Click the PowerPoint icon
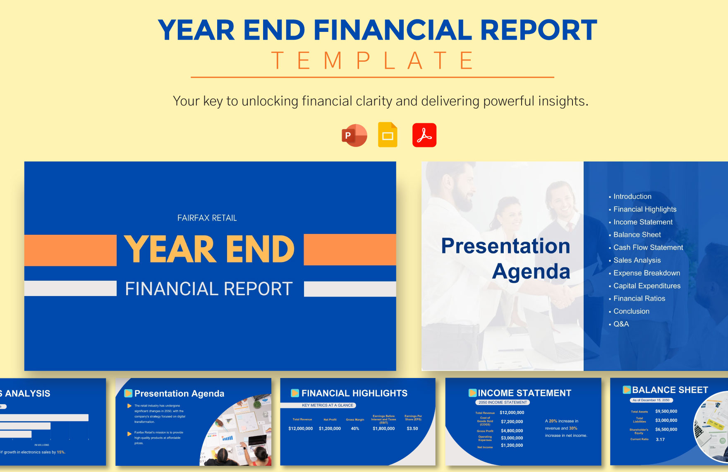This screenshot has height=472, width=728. (354, 135)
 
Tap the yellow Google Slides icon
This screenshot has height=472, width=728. (388, 135)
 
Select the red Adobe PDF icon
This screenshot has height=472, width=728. (424, 135)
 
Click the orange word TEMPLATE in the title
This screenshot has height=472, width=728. (372, 61)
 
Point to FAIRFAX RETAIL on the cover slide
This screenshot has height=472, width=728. (207, 218)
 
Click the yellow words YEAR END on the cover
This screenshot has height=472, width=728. (209, 249)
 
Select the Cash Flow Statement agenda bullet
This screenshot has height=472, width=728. (648, 248)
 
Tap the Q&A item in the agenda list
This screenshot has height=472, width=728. (621, 324)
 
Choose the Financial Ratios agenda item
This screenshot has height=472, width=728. (639, 299)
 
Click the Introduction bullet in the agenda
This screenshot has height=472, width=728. (632, 197)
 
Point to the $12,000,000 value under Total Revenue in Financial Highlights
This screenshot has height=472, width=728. (301, 429)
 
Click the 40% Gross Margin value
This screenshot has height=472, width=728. (355, 429)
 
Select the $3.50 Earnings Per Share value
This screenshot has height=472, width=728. (412, 429)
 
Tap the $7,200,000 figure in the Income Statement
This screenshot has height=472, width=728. (512, 421)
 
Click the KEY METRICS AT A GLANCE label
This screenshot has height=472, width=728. (327, 405)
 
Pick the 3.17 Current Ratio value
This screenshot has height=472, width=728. (660, 440)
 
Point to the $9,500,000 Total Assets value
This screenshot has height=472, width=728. (666, 412)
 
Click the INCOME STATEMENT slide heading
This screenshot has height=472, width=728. (524, 393)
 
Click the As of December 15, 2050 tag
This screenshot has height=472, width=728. (651, 400)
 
